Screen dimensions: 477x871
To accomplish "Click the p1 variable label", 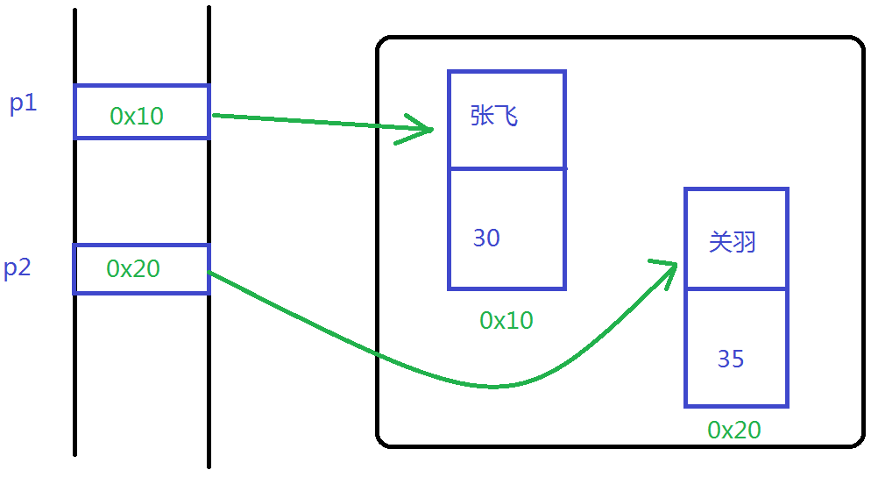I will tap(24, 103).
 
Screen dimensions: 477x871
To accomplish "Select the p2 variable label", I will tap(18, 268).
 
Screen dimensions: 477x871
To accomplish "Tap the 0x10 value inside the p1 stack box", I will tap(137, 115).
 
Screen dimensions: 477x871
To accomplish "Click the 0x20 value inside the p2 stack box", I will tap(133, 268).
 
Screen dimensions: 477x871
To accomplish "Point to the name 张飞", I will tap(494, 116).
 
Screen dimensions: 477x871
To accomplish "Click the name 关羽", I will tap(732, 242).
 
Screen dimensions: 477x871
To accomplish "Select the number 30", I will tap(486, 238).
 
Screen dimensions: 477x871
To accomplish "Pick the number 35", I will tap(731, 359).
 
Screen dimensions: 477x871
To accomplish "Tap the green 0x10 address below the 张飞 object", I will tap(506, 321).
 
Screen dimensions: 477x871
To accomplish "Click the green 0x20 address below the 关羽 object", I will tap(734, 430).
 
